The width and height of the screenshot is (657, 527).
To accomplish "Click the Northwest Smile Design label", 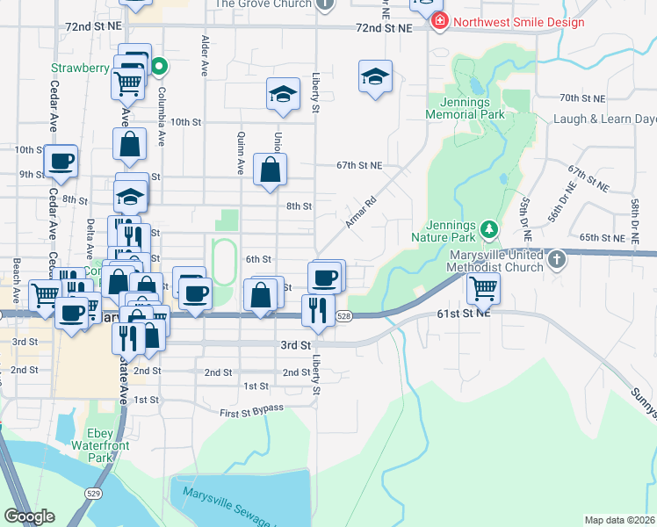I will (x=518, y=21).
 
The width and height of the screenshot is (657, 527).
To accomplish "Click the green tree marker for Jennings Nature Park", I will (x=489, y=230).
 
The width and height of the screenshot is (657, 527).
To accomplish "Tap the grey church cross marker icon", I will (x=556, y=260).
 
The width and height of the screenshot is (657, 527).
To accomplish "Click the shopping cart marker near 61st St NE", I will (x=483, y=287).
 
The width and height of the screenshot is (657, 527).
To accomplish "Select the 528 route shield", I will (x=344, y=315).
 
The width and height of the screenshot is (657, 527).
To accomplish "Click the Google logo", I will (x=29, y=516).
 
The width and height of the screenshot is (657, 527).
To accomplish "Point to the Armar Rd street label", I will (x=360, y=213).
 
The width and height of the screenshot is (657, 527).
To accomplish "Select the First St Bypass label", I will (x=252, y=409).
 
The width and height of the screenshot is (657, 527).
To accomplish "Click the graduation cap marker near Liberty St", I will (x=375, y=76).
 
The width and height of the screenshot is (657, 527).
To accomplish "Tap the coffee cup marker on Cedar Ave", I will (x=61, y=161).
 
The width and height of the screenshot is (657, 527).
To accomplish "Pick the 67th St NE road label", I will (x=359, y=165).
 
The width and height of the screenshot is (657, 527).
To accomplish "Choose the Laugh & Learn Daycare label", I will (x=604, y=119).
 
